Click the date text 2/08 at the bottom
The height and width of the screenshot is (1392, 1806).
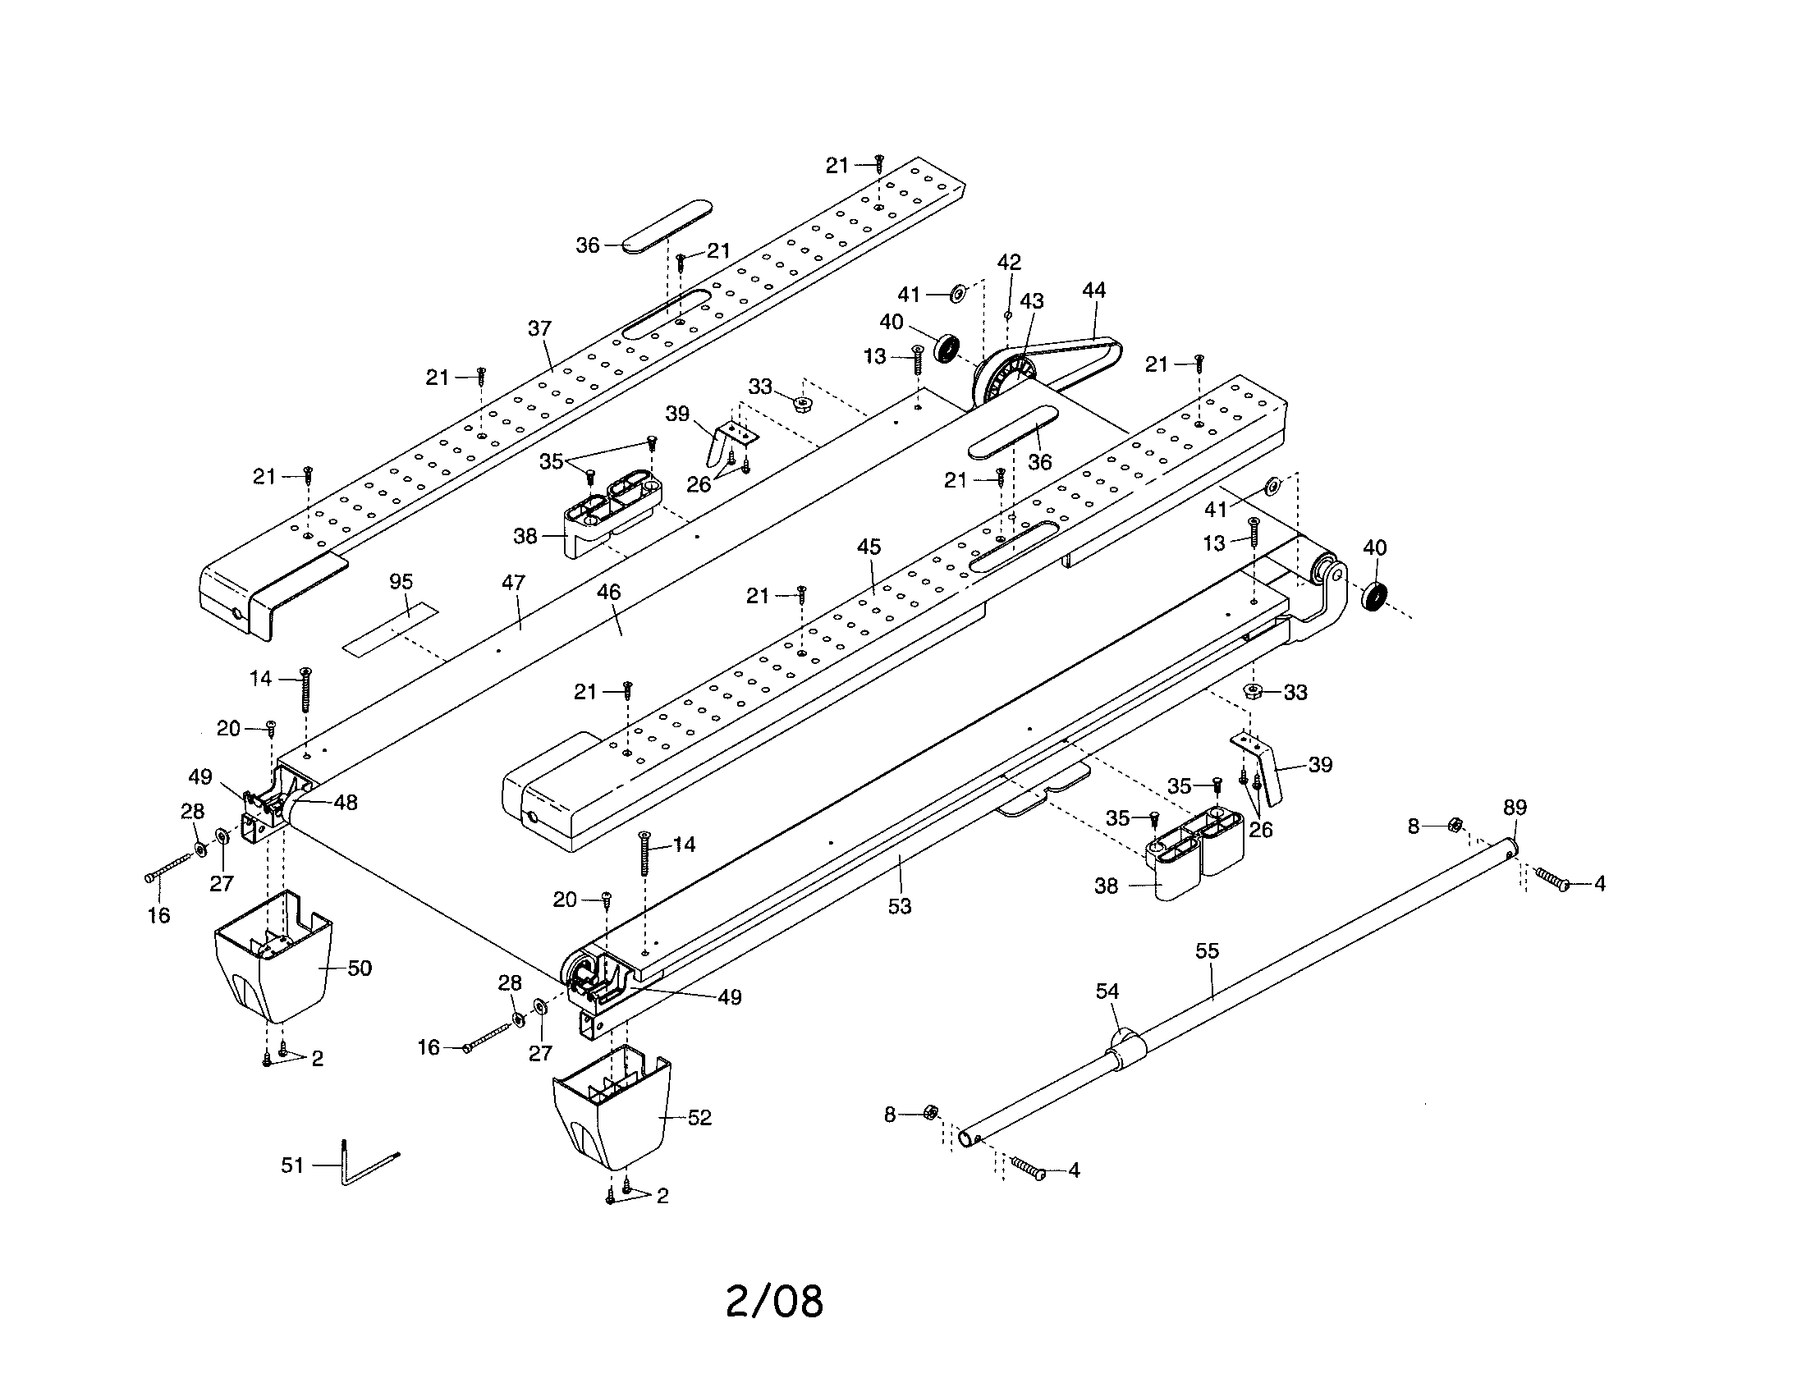(x=774, y=1301)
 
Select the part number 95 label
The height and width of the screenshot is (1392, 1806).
(x=401, y=582)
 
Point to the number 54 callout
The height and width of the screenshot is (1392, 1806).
(x=1107, y=991)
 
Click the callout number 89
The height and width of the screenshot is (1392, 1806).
(x=1514, y=808)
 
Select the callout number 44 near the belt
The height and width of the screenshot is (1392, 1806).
(x=1093, y=291)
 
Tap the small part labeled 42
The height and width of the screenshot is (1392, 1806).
(x=1007, y=314)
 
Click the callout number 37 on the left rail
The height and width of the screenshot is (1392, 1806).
(x=539, y=328)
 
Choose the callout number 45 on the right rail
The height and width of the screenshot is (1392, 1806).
(x=869, y=547)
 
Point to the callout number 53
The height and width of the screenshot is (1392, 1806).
(x=899, y=906)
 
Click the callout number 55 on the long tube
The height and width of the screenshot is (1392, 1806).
(x=1207, y=950)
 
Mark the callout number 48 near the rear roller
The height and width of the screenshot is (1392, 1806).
(x=346, y=802)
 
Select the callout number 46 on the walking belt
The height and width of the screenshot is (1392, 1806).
(x=608, y=592)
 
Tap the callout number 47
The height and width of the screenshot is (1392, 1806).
(x=513, y=582)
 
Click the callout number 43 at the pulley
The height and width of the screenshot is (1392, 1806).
(x=1031, y=302)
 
